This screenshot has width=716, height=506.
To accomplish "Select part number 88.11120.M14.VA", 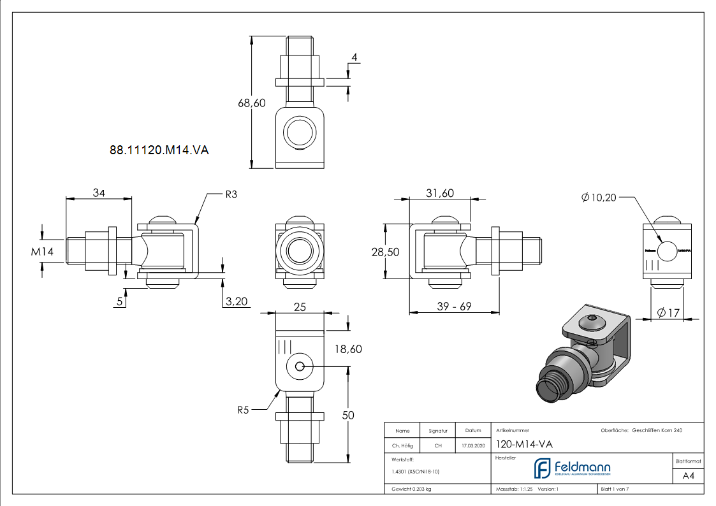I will pyautogui.click(x=159, y=150).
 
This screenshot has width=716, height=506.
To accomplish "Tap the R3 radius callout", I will pyautogui.click(x=231, y=195).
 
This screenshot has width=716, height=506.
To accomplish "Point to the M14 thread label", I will pyautogui.click(x=43, y=252).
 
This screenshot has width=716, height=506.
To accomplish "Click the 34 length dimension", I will pyautogui.click(x=99, y=193).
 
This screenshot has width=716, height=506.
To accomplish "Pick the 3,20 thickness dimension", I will pyautogui.click(x=237, y=302).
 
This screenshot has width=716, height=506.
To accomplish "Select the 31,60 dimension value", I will pyautogui.click(x=439, y=193).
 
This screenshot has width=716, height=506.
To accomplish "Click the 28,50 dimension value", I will pyautogui.click(x=385, y=252).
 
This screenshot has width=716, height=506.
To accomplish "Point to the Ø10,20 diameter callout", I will pyautogui.click(x=599, y=198).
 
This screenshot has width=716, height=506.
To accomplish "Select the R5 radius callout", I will pyautogui.click(x=243, y=410).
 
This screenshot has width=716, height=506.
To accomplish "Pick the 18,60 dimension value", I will pyautogui.click(x=348, y=349).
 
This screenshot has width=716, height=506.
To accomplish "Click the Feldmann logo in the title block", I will pyautogui.click(x=572, y=468).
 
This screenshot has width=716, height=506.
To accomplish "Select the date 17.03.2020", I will pyautogui.click(x=472, y=445).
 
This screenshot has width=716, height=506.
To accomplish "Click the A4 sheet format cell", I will pyautogui.click(x=688, y=475).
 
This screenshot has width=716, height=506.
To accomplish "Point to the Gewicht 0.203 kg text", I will pyautogui.click(x=412, y=489).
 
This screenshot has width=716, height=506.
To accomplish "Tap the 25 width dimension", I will pyautogui.click(x=299, y=307).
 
